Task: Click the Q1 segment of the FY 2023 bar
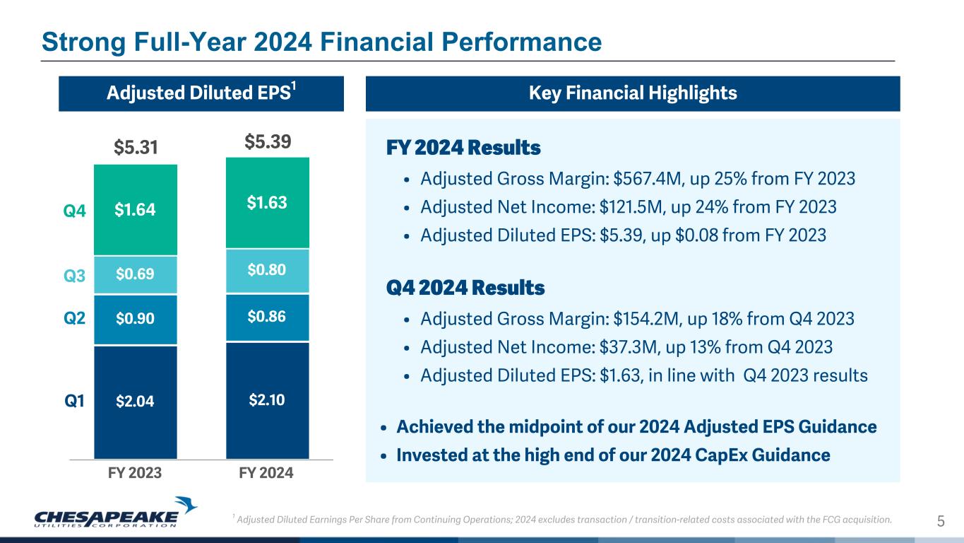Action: coord(135,402)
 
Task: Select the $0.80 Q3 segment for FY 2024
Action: coord(267,271)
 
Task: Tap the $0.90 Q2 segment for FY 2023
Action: coord(135,320)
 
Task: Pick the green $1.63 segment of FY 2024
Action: coord(267,203)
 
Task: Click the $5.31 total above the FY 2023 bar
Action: coord(135,147)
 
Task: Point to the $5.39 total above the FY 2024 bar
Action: coord(267,142)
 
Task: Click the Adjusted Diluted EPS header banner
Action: coord(201,93)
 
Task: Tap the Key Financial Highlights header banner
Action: coord(632,93)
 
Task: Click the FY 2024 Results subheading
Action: coord(463,149)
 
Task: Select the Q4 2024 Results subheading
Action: coord(465,288)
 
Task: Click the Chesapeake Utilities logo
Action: coord(115,513)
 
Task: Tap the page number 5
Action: coord(940,522)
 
